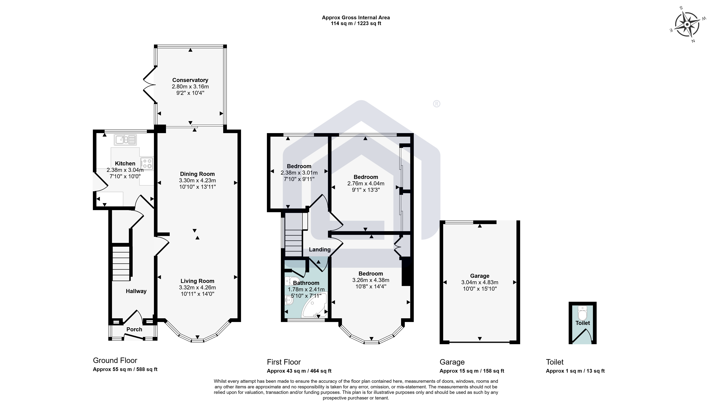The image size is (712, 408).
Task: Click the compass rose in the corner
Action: click(x=687, y=24)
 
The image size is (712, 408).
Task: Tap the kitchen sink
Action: click(x=125, y=140)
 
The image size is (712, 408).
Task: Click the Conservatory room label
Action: click(x=190, y=80)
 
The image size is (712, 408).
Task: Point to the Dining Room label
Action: click(x=197, y=174)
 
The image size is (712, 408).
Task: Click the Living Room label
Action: click(x=197, y=281)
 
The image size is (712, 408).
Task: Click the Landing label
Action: click(x=320, y=250)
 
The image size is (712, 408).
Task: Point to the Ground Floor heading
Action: click(x=115, y=361)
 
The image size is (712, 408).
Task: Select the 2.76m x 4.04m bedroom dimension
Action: click(x=366, y=184)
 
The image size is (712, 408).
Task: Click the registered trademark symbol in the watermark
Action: click(x=436, y=104)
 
